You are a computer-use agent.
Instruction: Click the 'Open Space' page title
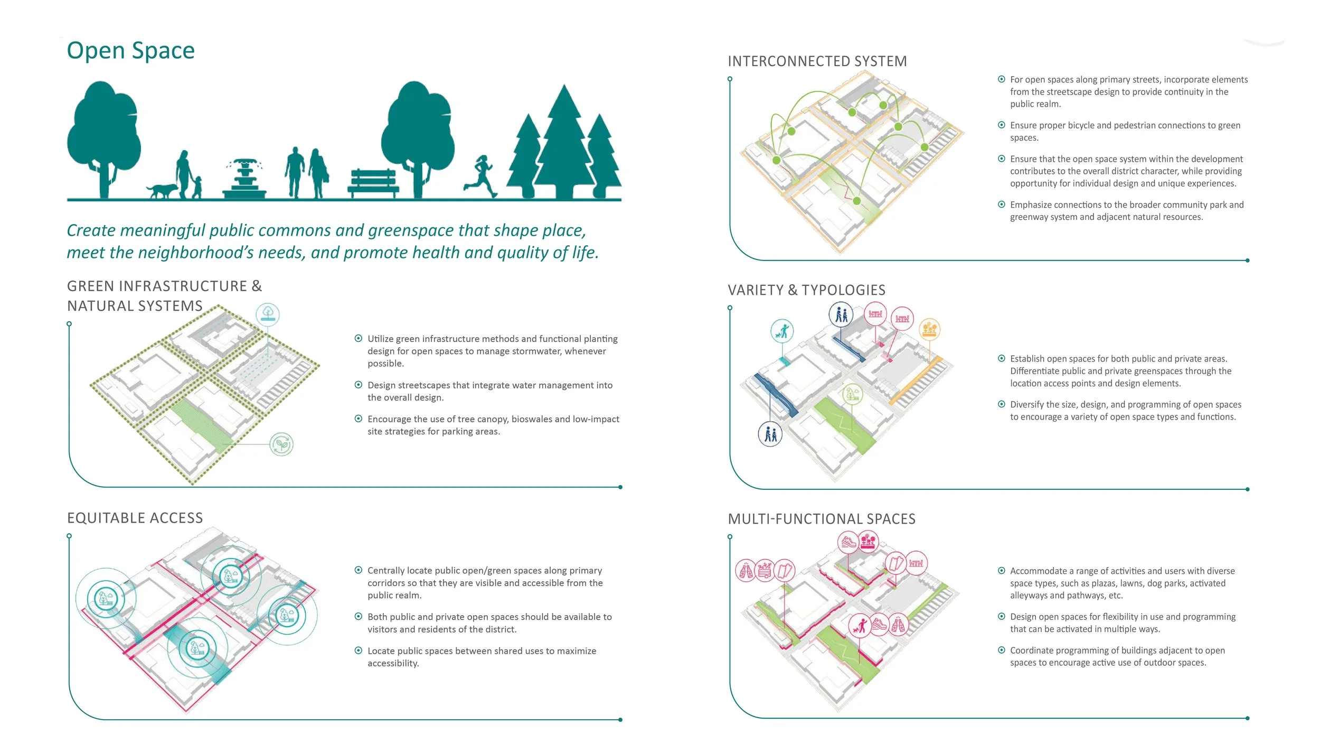(x=130, y=51)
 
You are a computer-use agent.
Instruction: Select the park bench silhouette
(x=373, y=183)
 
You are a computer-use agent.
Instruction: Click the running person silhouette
(x=481, y=175)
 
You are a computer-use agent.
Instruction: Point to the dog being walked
(x=162, y=190)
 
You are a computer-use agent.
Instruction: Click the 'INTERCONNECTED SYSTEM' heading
(x=817, y=62)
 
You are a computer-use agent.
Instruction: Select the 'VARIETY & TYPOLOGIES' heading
(x=806, y=290)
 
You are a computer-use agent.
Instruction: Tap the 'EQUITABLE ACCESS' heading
(x=135, y=518)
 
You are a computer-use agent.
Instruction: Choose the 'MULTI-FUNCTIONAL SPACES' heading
(x=822, y=519)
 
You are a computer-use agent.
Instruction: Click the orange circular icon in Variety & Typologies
(x=929, y=330)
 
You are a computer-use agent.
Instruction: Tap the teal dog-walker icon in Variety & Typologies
(x=782, y=331)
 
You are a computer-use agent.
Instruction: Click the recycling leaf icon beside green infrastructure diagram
(x=281, y=444)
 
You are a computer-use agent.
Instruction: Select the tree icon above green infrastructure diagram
(x=268, y=314)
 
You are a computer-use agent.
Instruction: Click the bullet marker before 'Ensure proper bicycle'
(x=1001, y=125)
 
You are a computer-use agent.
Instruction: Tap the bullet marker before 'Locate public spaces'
(x=359, y=651)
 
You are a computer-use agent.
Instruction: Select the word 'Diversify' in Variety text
(x=1029, y=405)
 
